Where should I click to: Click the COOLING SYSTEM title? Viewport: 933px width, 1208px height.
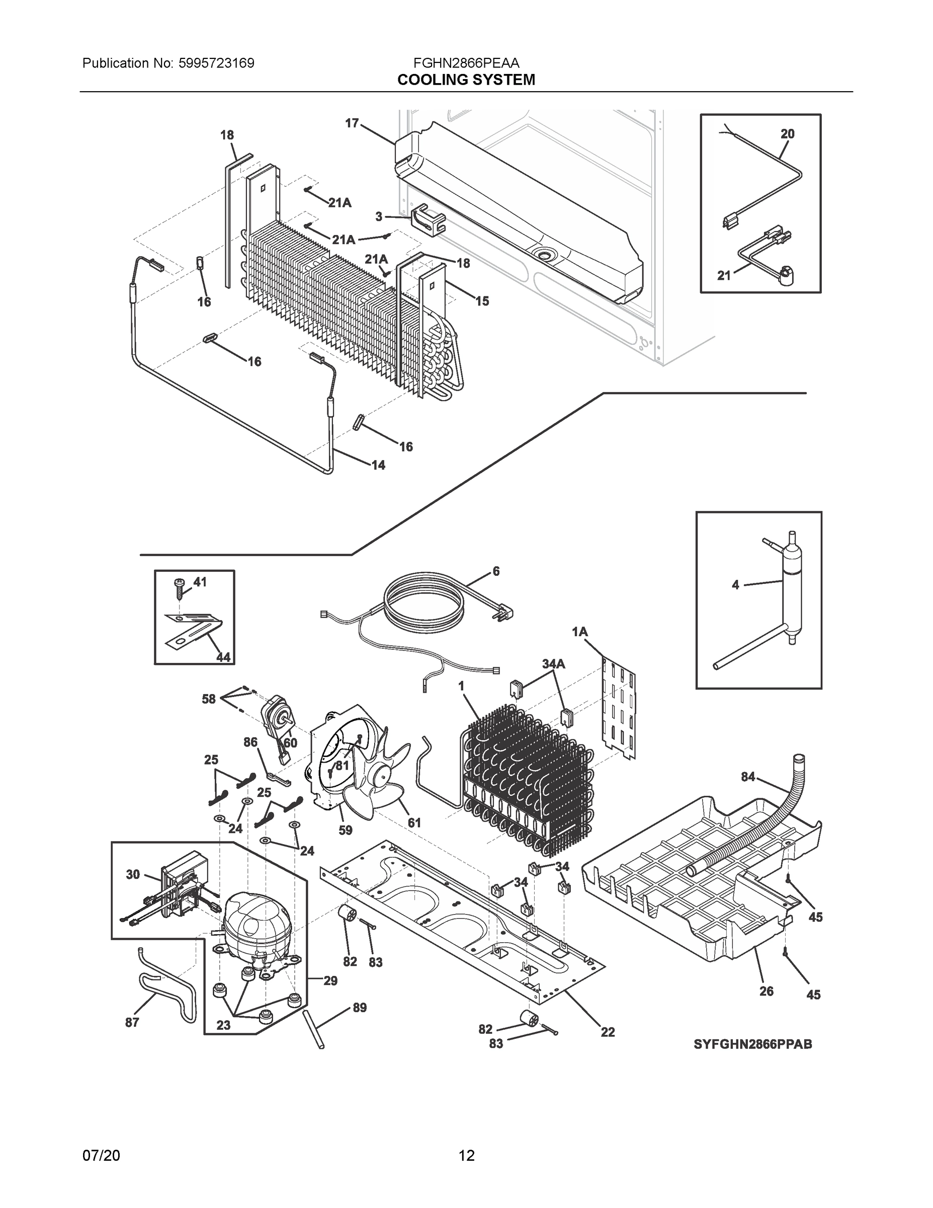pyautogui.click(x=466, y=80)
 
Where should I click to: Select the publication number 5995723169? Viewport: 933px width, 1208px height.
pyautogui.click(x=216, y=63)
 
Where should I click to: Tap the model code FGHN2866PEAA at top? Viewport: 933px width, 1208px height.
pyautogui.click(x=466, y=63)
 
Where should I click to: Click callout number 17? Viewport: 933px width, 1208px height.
pyautogui.click(x=352, y=123)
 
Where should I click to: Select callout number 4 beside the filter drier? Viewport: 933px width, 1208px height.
pyautogui.click(x=735, y=585)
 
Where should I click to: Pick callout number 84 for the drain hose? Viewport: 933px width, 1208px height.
pyautogui.click(x=748, y=777)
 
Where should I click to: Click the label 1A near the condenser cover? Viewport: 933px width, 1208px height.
pyautogui.click(x=579, y=632)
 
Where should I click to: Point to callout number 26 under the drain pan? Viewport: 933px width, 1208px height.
pyautogui.click(x=766, y=991)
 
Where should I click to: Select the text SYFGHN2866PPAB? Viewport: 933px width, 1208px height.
pyautogui.click(x=753, y=1044)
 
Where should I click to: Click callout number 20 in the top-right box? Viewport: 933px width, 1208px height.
pyautogui.click(x=787, y=134)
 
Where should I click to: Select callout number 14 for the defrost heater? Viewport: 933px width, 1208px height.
pyautogui.click(x=378, y=465)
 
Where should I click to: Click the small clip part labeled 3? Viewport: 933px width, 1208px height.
pyautogui.click(x=429, y=219)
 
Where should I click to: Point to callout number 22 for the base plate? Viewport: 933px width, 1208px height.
pyautogui.click(x=608, y=1032)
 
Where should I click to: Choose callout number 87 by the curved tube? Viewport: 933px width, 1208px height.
pyautogui.click(x=132, y=1023)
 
